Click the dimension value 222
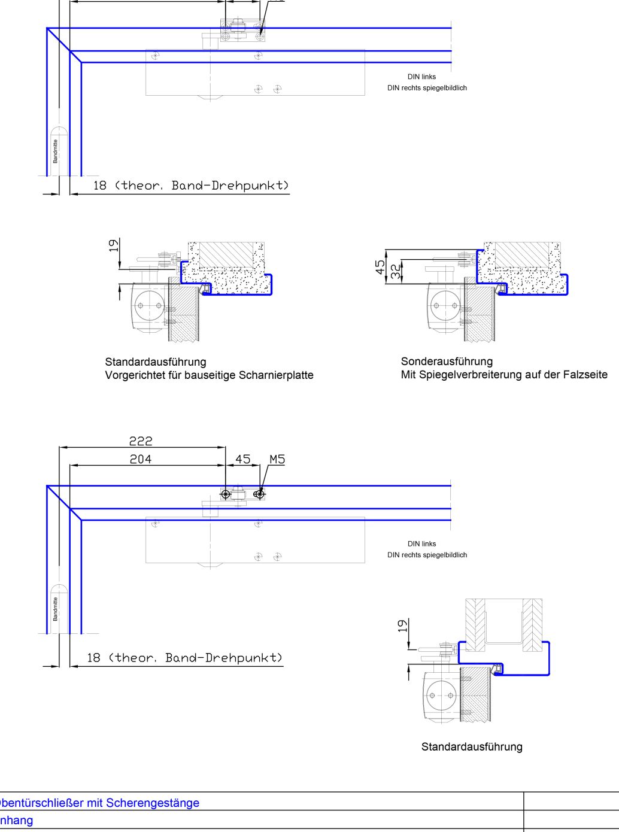(141, 441)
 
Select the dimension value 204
(141, 459)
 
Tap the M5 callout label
(277, 459)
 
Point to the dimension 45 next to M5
(242, 459)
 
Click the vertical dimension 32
(396, 272)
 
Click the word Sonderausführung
(447, 361)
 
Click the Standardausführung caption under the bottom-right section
(472, 746)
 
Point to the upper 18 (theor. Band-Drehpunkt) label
(191, 186)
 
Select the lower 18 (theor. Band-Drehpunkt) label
(184, 658)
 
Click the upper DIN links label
(421, 77)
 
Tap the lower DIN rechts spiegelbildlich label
(427, 555)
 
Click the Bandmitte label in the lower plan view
(56, 609)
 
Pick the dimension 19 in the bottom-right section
(403, 626)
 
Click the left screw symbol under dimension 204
(226, 494)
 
